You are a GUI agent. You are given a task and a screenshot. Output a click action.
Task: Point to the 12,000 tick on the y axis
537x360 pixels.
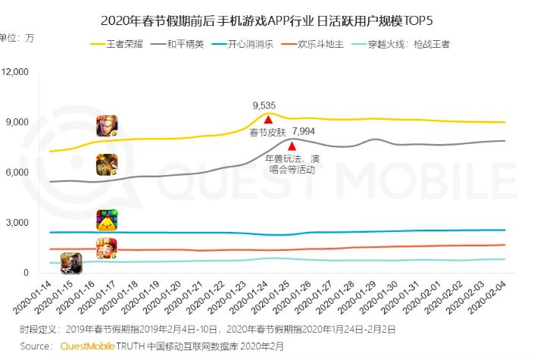click(x=15, y=72)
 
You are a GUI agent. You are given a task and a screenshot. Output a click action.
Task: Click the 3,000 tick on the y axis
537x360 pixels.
click(x=17, y=223)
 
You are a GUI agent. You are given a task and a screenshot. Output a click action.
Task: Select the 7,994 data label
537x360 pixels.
click(x=304, y=132)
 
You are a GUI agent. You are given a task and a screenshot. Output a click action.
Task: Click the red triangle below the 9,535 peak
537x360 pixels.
click(x=268, y=119)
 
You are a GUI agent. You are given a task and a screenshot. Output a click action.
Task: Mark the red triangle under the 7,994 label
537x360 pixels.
click(x=292, y=145)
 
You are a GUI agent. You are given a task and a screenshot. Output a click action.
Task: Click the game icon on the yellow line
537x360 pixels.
click(x=107, y=126)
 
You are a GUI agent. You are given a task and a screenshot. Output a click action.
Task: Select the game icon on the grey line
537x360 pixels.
click(x=107, y=164)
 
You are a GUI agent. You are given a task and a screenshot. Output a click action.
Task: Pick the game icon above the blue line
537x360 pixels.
click(x=107, y=220)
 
